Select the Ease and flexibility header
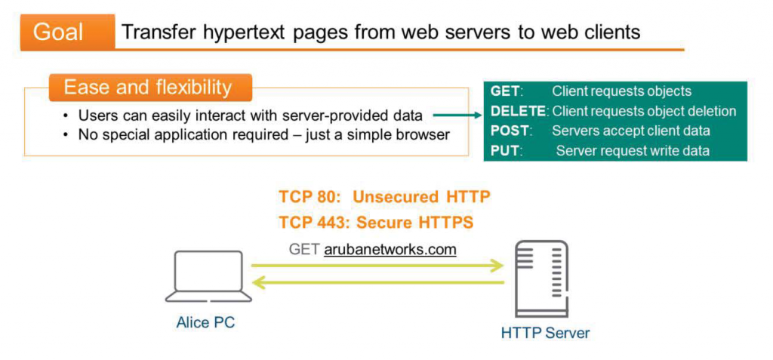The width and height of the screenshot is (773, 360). tap(148, 88)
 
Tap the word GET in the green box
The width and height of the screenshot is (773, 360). tap(505, 91)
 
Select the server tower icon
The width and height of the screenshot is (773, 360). tap(540, 279)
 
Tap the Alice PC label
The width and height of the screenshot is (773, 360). tap(205, 322)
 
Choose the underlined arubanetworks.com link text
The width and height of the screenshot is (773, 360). tap(390, 249)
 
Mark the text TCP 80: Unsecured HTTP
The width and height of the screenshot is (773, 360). tap(384, 198)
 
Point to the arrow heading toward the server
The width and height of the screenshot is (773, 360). tap(377, 265)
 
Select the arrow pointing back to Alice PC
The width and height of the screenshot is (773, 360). tap(377, 283)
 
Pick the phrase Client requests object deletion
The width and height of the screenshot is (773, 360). tap(644, 111)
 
